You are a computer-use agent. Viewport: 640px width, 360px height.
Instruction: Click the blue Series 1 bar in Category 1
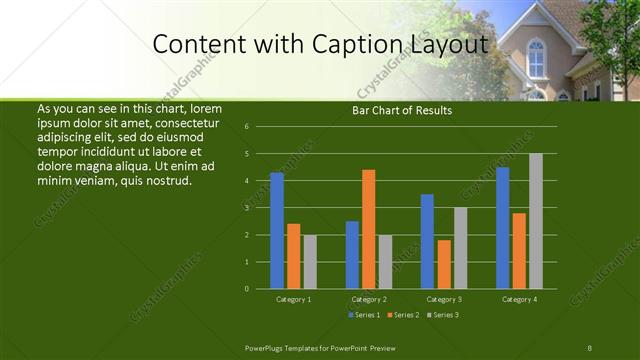[277, 230]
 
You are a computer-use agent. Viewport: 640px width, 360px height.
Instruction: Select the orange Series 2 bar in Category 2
[369, 229]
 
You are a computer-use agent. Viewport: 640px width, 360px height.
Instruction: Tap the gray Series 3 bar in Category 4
[536, 221]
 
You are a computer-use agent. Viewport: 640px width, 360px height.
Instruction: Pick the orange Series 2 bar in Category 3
[444, 264]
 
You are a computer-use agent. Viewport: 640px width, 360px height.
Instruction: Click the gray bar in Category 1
[310, 262]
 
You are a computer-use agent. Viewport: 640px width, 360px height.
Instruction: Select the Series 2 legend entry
[402, 315]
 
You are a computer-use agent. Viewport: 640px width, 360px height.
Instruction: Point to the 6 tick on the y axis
[247, 127]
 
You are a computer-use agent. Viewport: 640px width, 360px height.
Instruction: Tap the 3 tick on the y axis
[247, 208]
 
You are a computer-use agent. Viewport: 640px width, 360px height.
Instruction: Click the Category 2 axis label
[369, 299]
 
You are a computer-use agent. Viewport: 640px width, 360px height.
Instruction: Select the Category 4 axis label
[519, 299]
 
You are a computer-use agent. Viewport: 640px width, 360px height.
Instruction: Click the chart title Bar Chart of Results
[401, 110]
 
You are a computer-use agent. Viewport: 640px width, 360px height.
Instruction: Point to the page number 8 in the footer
[590, 346]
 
